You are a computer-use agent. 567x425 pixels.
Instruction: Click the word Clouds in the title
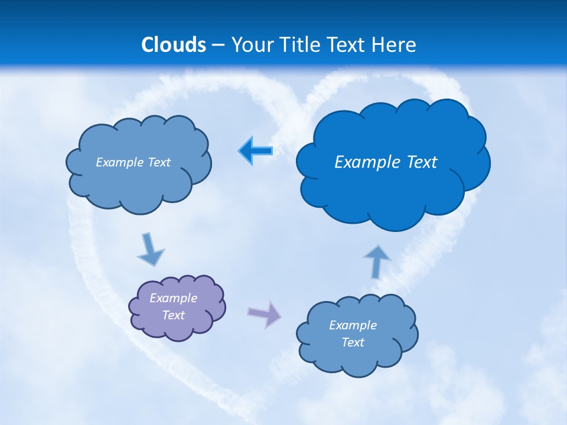pyautogui.click(x=174, y=45)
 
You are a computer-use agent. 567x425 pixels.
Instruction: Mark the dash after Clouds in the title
pyautogui.click(x=218, y=45)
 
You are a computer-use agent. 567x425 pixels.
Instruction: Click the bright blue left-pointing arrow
pyautogui.click(x=256, y=151)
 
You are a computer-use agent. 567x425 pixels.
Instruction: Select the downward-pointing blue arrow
pyautogui.click(x=151, y=249)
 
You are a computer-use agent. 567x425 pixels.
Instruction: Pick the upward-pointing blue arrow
pyautogui.click(x=377, y=261)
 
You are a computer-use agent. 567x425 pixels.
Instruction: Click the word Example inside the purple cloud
pyautogui.click(x=174, y=298)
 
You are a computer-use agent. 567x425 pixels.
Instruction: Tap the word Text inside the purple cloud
pyautogui.click(x=174, y=315)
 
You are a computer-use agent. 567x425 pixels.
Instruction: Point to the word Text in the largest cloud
pyautogui.click(x=421, y=162)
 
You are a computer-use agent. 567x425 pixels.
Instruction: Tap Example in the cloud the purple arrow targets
pyautogui.click(x=353, y=325)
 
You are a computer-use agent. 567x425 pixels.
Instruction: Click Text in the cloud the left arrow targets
pyautogui.click(x=159, y=162)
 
